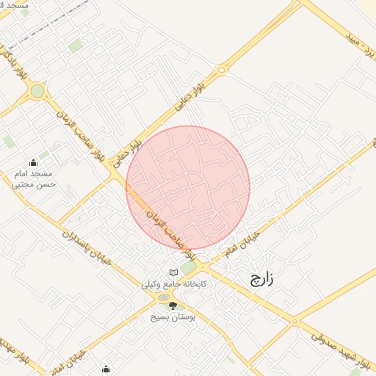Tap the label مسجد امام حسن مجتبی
click(33, 179)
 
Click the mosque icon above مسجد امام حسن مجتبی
click(33, 162)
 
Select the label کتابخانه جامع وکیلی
click(175, 283)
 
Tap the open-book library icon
click(173, 271)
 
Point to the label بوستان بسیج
click(171, 318)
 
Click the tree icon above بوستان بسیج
click(173, 305)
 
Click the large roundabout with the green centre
click(37, 92)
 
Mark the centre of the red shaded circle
click(188, 187)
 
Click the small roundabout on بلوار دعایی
click(221, 71)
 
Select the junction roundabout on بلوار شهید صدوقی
click(294, 321)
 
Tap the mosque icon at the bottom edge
click(106, 369)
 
